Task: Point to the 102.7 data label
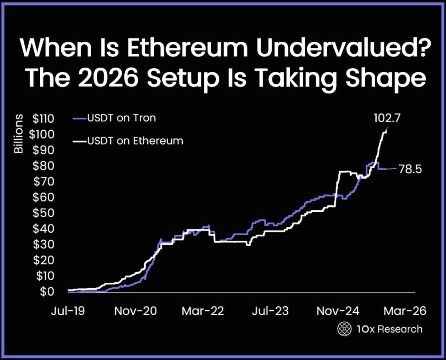387,118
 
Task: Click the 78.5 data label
410,169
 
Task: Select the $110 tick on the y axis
43,119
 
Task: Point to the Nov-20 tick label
135,311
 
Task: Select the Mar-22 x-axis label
203,311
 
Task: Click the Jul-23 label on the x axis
270,311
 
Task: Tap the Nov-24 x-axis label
338,311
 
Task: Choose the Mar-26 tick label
405,311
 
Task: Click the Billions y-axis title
18,134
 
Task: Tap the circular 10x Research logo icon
344,329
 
